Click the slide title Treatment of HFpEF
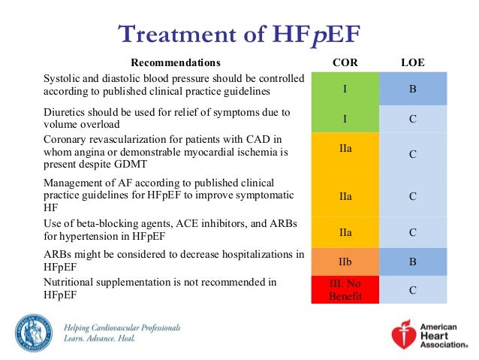point(239,34)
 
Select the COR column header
point(345,62)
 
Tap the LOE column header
point(413,62)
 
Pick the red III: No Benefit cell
point(345,289)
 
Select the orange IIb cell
point(345,262)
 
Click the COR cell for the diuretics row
point(345,118)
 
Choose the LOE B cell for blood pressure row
point(413,89)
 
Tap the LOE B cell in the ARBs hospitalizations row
point(413,262)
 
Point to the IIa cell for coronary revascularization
point(345,149)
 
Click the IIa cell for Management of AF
point(345,195)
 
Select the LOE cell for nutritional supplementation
point(413,289)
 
